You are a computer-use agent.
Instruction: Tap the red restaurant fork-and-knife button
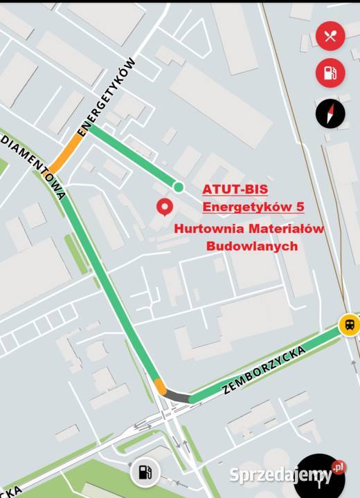point(330,36)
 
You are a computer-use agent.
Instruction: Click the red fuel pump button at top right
point(330,73)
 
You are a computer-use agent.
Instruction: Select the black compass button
point(330,113)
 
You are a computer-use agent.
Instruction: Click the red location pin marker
point(165,207)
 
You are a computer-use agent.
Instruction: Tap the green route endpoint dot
point(179,186)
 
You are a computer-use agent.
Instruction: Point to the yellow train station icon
point(348,324)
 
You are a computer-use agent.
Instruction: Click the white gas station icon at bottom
point(145,473)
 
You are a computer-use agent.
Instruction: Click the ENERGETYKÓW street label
point(107,97)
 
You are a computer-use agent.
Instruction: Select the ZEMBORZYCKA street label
point(264,369)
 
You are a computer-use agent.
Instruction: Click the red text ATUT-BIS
point(235,189)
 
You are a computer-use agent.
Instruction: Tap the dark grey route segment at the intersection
point(179,396)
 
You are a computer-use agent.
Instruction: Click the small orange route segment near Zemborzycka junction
point(161,386)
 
